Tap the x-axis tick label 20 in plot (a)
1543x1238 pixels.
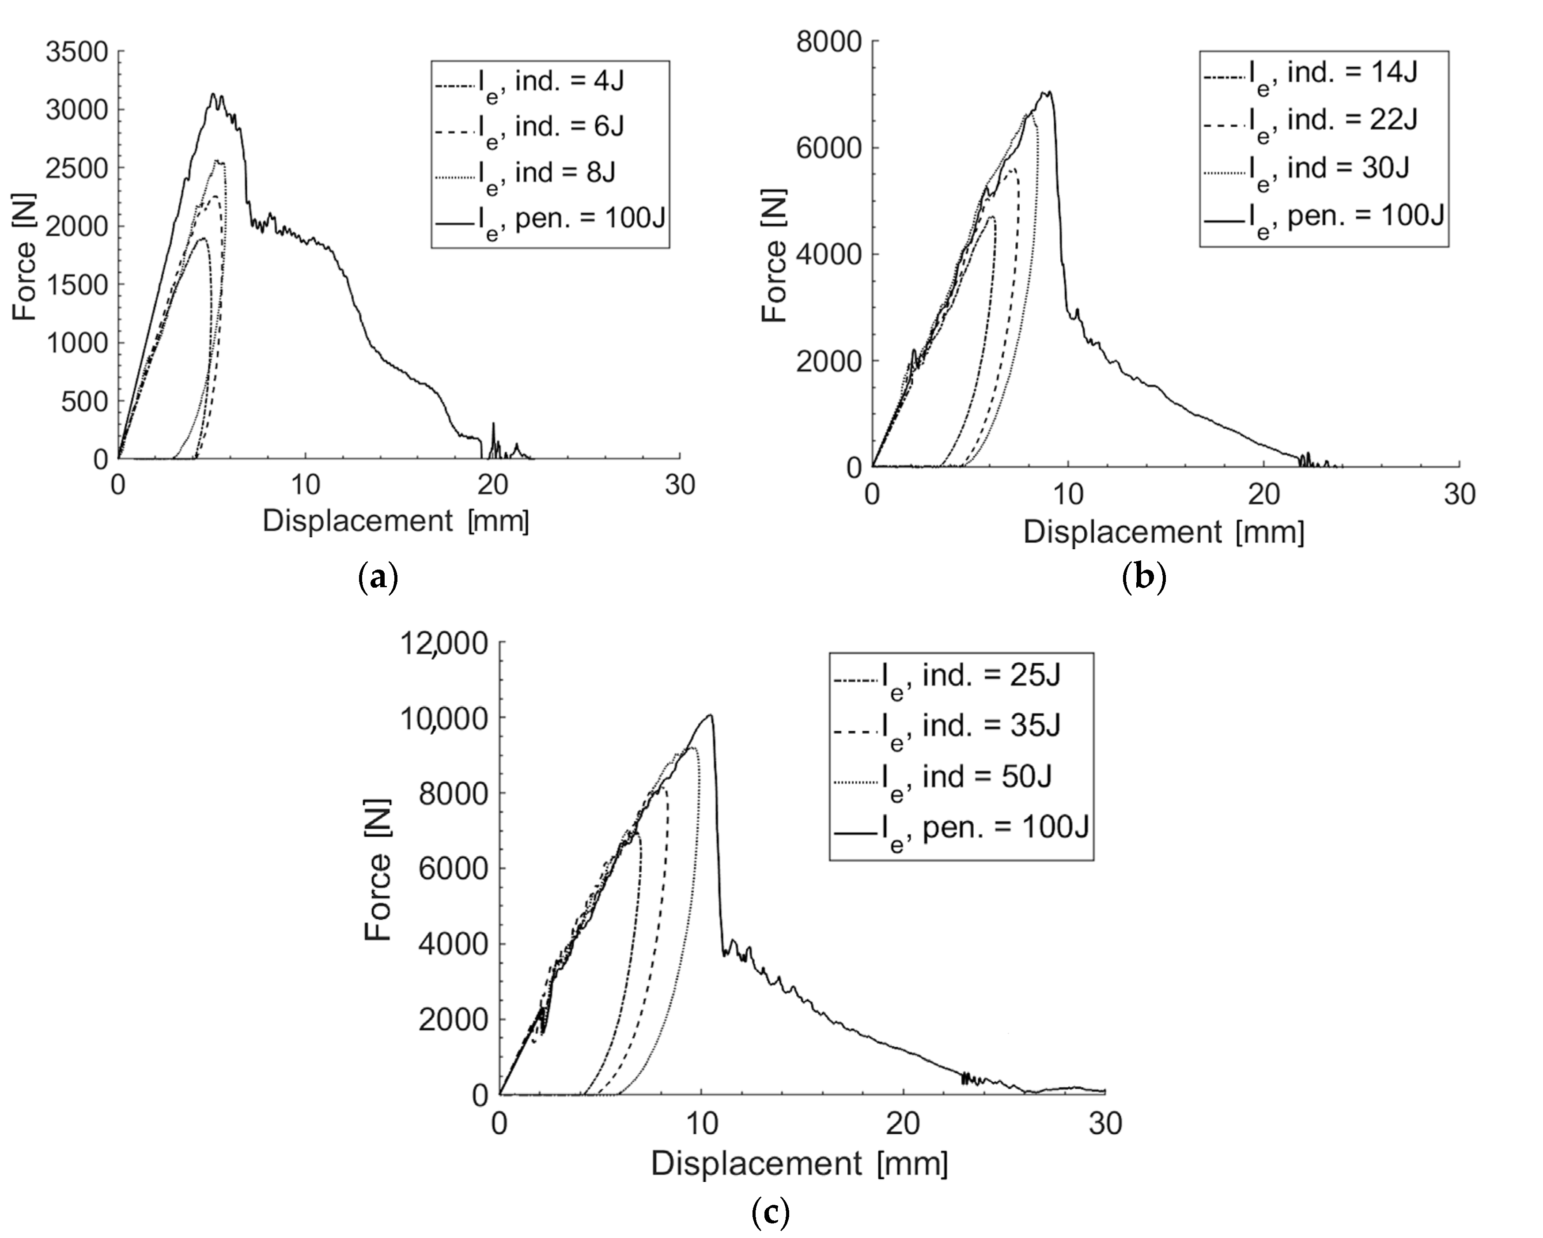click(x=492, y=486)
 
